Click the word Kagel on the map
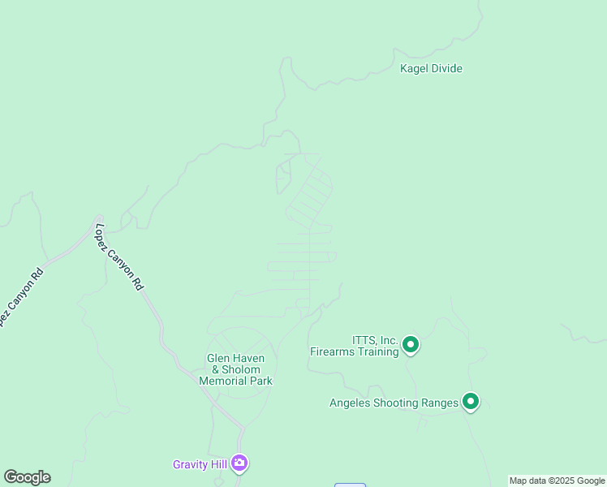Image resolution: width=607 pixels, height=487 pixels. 415,69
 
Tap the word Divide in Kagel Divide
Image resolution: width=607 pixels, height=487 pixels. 446,69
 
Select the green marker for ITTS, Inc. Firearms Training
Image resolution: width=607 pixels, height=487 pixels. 411,346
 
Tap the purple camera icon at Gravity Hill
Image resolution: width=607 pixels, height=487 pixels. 239,463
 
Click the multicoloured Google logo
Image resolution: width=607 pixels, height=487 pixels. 27,477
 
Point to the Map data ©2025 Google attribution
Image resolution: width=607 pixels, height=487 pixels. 557,481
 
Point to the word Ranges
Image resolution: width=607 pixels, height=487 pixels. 441,403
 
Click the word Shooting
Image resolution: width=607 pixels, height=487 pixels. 397,403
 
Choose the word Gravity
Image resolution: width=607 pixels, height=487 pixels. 192,465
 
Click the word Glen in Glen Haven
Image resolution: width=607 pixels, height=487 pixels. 218,359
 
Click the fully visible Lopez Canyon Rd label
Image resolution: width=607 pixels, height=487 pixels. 119,256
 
